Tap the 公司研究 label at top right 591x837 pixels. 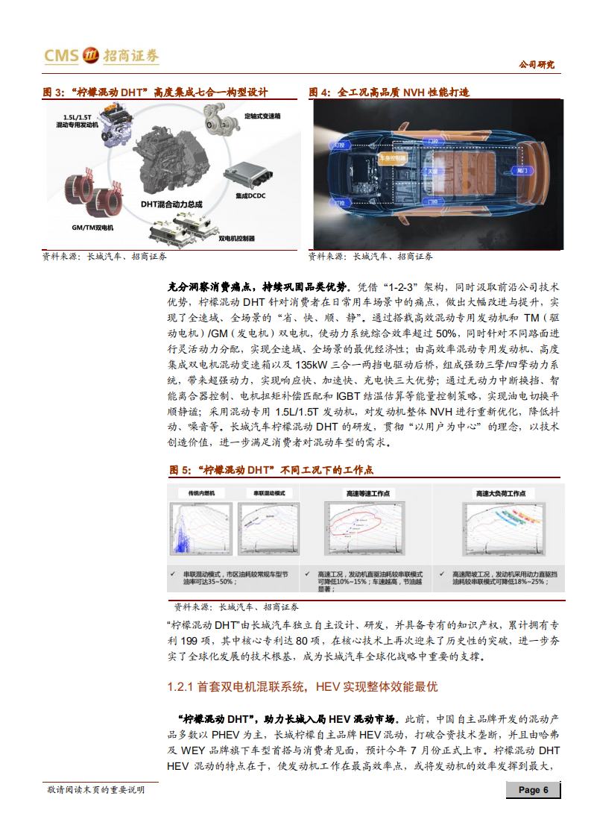pos(536,65)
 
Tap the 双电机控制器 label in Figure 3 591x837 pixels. pos(236,239)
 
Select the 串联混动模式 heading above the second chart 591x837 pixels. pos(266,494)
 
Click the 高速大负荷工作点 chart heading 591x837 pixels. pos(501,494)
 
